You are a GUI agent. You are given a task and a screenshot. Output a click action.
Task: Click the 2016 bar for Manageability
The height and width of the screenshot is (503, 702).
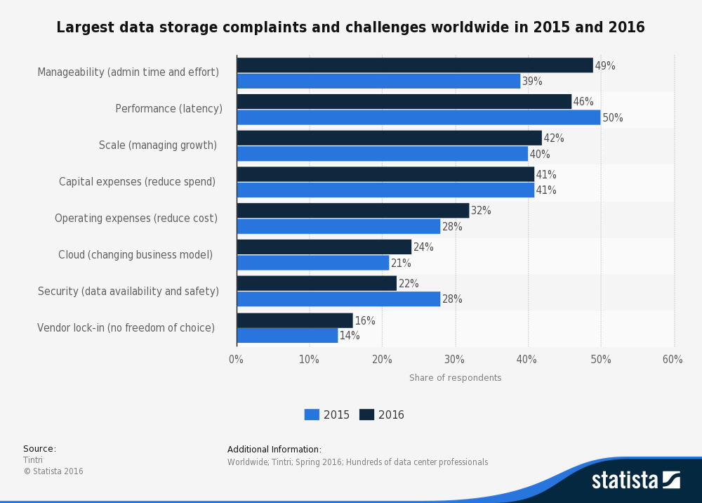(x=415, y=65)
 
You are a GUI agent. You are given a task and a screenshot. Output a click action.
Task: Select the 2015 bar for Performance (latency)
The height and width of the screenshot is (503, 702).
(x=418, y=117)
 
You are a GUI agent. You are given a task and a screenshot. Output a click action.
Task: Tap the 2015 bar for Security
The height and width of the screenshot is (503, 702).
(x=338, y=299)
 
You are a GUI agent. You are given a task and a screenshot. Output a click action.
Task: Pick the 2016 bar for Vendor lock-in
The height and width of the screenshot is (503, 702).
(x=295, y=320)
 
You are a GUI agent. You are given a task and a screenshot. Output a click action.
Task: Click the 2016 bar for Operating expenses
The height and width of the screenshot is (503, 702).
(x=353, y=211)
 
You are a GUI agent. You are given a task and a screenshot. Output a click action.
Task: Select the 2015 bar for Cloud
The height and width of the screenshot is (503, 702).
(x=313, y=263)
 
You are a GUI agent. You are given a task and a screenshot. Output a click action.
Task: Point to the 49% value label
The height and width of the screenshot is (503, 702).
(x=605, y=66)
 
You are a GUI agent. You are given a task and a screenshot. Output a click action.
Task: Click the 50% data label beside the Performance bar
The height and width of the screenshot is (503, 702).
(x=613, y=118)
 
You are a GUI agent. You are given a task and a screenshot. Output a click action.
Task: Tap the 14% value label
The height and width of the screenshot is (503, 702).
(x=350, y=336)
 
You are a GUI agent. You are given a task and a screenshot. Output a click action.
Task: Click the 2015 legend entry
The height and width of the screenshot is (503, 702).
(x=327, y=414)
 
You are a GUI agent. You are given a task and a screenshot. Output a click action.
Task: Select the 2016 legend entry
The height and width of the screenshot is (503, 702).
(x=382, y=414)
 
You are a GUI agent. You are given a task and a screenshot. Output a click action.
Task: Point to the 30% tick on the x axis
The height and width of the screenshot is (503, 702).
(x=455, y=360)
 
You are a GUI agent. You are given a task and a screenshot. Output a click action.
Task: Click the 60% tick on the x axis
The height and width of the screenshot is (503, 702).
(x=673, y=360)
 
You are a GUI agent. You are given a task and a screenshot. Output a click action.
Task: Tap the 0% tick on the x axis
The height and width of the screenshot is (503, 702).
(x=237, y=360)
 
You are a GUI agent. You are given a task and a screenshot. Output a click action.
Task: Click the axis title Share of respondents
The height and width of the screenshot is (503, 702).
(x=455, y=378)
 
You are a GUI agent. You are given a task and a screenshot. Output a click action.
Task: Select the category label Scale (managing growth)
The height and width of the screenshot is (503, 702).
(x=158, y=145)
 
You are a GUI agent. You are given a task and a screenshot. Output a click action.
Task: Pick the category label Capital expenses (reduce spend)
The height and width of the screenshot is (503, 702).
(x=138, y=182)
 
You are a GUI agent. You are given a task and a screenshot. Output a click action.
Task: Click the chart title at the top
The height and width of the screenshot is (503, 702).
(x=350, y=27)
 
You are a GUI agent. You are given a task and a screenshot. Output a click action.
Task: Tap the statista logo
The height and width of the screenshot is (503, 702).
(x=635, y=481)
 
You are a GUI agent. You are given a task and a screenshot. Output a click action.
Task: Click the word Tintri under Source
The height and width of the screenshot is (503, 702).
(x=33, y=460)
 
